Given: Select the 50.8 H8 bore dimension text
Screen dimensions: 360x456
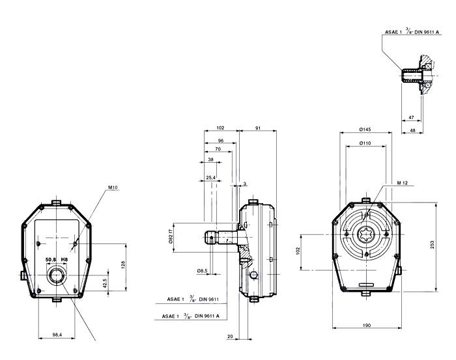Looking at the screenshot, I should (57, 259).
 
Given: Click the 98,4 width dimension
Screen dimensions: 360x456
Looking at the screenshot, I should (57, 335).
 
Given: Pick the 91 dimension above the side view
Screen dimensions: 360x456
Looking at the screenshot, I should (258, 129).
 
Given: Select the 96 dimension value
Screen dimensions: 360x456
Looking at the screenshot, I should (221, 140).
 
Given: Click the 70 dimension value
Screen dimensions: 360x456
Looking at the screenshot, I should (218, 149).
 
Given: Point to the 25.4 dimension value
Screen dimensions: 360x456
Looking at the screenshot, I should (210, 177).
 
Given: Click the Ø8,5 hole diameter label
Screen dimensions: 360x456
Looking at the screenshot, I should (203, 270).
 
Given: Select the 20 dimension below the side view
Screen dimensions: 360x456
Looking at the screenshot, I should (230, 336).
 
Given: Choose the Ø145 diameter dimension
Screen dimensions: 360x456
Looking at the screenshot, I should (364, 130).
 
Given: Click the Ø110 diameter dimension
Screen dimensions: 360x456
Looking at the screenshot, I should (364, 143).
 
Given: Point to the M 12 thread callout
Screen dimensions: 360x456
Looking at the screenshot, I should (403, 184).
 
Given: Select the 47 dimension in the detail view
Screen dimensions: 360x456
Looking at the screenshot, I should (411, 117).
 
